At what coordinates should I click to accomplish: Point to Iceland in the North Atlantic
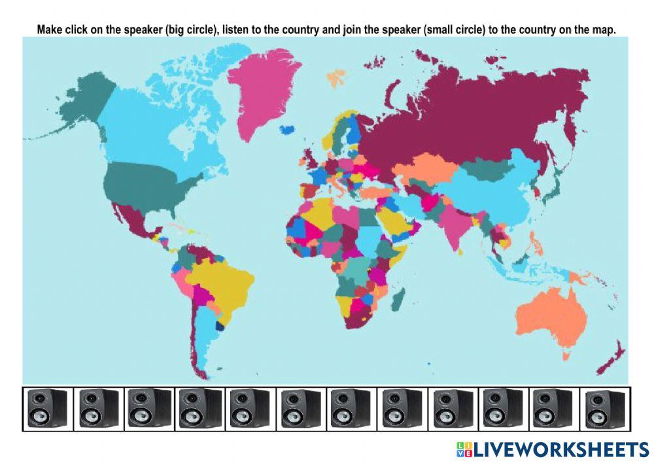(286, 129)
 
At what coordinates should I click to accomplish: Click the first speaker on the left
(47, 408)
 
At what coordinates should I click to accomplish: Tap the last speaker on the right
(606, 408)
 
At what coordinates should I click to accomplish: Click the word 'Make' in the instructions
(49, 29)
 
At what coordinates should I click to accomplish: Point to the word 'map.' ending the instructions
(604, 29)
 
